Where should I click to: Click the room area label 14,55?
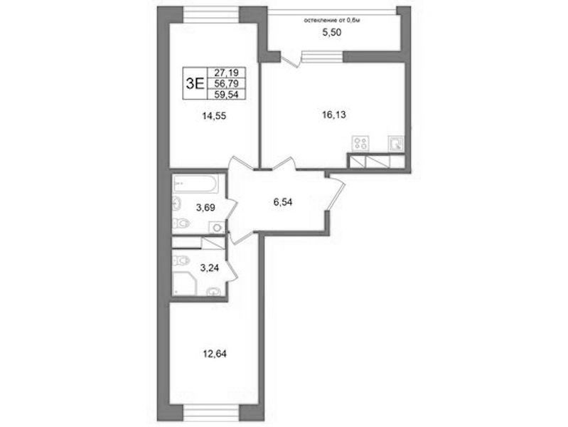215,116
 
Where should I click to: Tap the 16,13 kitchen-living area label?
334,115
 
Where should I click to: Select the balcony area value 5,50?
332,33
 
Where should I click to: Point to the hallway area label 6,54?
282,202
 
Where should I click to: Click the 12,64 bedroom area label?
215,354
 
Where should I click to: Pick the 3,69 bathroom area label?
205,208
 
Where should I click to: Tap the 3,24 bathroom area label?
210,268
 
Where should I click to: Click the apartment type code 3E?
195,84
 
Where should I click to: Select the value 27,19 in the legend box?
226,73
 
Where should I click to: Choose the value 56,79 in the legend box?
226,84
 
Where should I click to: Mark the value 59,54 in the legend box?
226,95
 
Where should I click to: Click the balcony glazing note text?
331,21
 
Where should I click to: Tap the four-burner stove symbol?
361,143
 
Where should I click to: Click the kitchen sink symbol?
395,143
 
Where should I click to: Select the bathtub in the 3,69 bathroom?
195,184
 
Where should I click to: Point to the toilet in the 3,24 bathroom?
181,260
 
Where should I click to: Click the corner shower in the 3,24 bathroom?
184,283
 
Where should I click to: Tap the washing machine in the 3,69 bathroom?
217,228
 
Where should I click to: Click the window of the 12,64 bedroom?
212,413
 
